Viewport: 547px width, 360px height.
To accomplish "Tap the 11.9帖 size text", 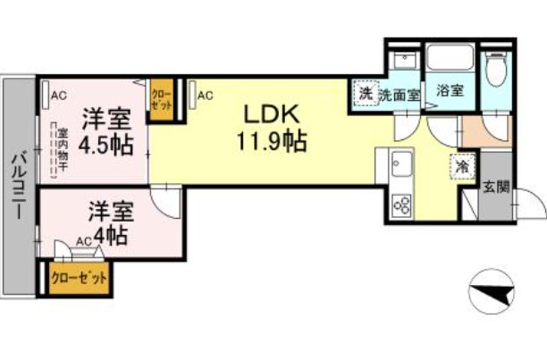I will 272,141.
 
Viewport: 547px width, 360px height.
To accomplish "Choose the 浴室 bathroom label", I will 449,90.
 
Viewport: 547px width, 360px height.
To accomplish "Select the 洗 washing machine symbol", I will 364,92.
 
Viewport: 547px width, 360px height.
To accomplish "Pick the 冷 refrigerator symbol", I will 462,167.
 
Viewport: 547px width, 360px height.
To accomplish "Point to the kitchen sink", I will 400,166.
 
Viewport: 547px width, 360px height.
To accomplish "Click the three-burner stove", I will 400,206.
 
